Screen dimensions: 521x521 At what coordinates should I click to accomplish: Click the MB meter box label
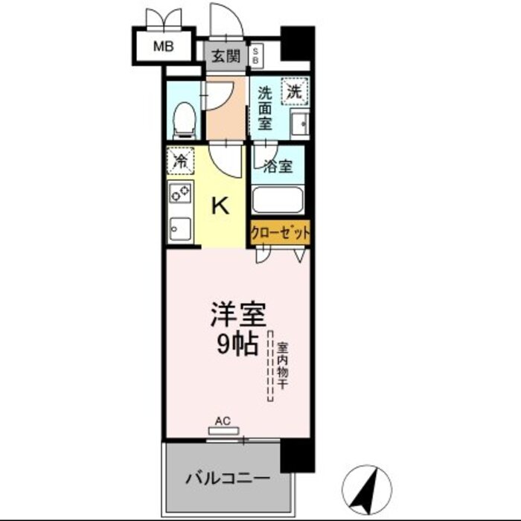coord(163,47)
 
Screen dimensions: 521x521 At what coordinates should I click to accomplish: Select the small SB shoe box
coord(256,54)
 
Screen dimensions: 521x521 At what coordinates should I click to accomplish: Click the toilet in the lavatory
coord(183,119)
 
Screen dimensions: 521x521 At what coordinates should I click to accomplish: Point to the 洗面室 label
coord(265,107)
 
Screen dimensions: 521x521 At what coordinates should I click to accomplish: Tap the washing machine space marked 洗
coord(295,92)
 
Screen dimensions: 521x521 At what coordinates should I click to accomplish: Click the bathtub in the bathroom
coord(279,200)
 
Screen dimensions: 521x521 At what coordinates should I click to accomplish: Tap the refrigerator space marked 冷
coord(180,159)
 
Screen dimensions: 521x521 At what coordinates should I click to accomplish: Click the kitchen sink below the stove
coord(179,227)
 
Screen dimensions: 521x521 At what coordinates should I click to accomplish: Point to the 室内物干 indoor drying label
coord(283,364)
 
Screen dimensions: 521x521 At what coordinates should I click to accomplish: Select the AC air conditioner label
coord(222,421)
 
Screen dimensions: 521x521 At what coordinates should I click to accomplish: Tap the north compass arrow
coord(365,487)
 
